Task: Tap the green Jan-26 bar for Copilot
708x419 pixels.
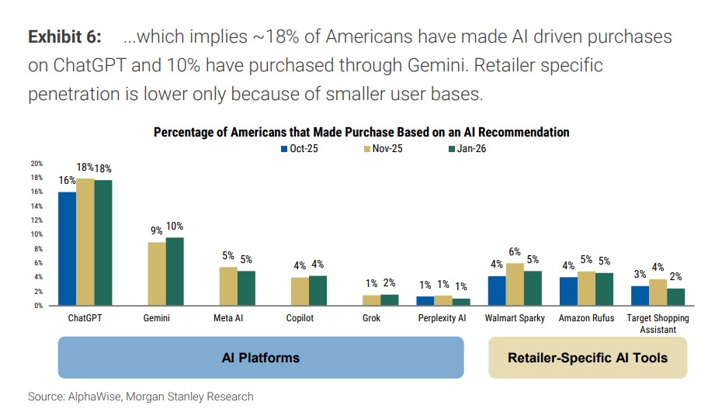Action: [x=318, y=290]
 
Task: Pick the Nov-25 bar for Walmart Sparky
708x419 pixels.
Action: [x=515, y=284]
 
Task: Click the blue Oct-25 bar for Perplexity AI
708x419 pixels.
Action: [x=426, y=300]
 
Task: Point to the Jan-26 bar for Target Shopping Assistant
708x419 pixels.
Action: [x=676, y=296]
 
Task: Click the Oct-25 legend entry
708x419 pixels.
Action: [x=300, y=149]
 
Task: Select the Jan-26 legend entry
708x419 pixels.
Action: [x=466, y=149]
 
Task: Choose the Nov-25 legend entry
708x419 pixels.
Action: [x=383, y=149]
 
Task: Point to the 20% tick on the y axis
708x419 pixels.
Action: [x=36, y=164]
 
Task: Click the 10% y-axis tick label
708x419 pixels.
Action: [x=36, y=234]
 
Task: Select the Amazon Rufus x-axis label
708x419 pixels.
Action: [x=587, y=318]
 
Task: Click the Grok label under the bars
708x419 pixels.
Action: [x=373, y=318]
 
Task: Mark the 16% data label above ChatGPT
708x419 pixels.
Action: [x=66, y=181]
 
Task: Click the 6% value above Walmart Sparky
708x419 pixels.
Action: [x=515, y=252]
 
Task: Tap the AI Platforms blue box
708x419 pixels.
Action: [x=261, y=358]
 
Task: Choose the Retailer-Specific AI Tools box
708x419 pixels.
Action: [x=587, y=358]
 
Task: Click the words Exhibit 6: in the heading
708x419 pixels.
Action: [x=64, y=37]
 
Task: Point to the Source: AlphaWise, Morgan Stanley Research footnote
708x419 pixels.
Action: [x=141, y=396]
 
